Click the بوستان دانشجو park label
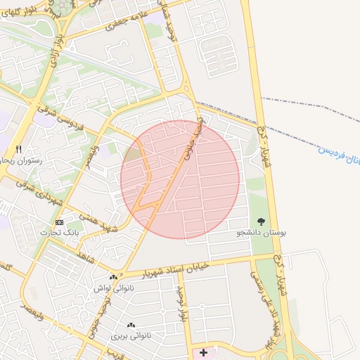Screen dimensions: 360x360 tap(262, 232)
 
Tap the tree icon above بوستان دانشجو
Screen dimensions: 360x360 tap(262, 221)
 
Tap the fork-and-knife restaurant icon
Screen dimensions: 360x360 tap(19, 149)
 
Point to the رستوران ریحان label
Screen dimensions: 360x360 tap(21, 160)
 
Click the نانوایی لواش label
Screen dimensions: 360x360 tap(112, 288)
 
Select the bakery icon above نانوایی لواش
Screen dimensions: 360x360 tap(113, 278)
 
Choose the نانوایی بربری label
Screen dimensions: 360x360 tap(130, 336)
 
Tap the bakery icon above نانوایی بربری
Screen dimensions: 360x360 tap(130, 326)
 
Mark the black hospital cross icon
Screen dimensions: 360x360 tap(203, 352)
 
